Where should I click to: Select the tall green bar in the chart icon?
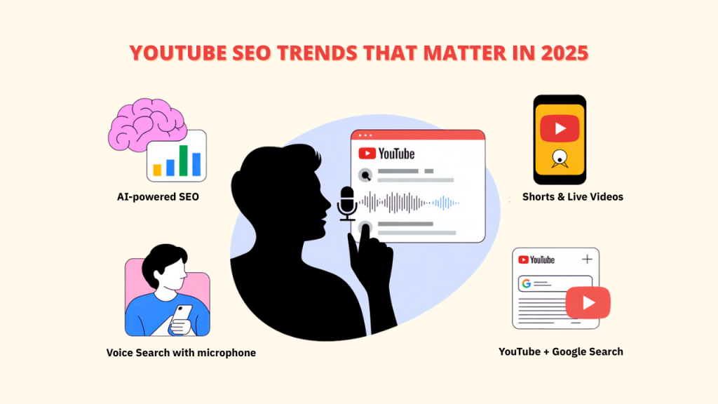tap(184, 160)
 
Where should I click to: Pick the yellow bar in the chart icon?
tap(158, 169)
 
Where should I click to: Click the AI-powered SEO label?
tap(158, 197)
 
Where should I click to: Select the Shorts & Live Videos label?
tap(572, 197)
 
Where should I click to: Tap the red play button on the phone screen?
tap(560, 128)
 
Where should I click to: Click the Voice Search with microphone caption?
tap(181, 353)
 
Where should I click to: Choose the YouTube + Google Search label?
tap(560, 351)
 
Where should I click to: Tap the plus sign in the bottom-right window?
tap(587, 260)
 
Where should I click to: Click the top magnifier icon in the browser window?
tap(365, 175)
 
